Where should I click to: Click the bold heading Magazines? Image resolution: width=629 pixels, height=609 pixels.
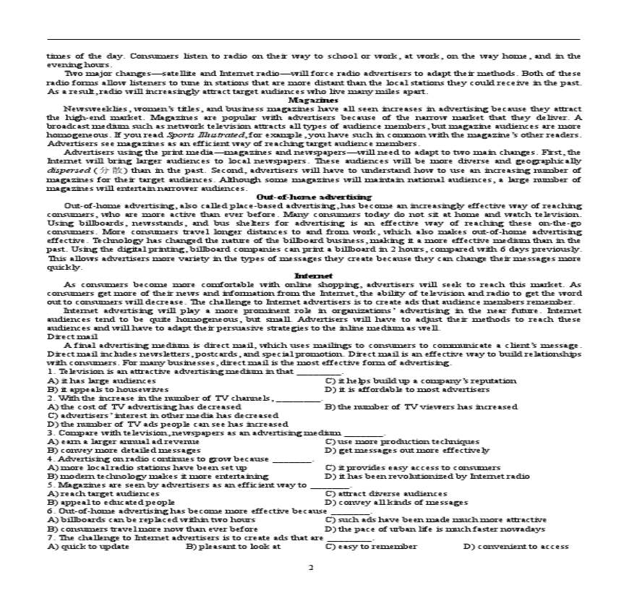[x=314, y=100]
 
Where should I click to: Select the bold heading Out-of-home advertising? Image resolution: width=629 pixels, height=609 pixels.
[x=314, y=197]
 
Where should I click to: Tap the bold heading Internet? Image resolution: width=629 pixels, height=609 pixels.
[x=314, y=276]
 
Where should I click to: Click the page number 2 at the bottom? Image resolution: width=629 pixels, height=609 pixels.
[x=312, y=566]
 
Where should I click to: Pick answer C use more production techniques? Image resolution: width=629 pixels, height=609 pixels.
[x=402, y=441]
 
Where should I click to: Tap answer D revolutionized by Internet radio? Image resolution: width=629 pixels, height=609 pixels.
[x=427, y=477]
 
